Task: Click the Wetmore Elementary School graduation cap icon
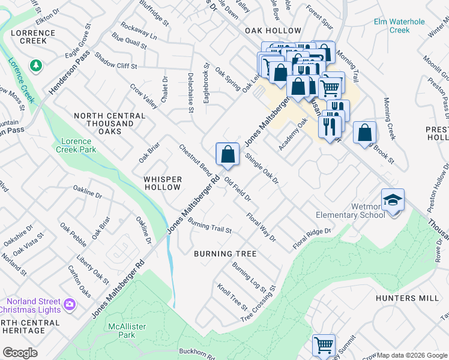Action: pyautogui.click(x=393, y=200)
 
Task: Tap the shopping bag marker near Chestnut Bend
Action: pyautogui.click(x=228, y=155)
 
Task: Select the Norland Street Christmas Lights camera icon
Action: pyautogui.click(x=70, y=305)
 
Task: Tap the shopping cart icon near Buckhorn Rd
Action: pyautogui.click(x=324, y=346)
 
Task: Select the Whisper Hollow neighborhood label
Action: pyautogui.click(x=162, y=183)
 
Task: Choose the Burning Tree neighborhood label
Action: pyautogui.click(x=225, y=254)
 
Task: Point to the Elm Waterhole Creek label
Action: pyautogui.click(x=399, y=26)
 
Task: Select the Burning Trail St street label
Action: pyautogui.click(x=209, y=226)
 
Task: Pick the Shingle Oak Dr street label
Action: pyautogui.click(x=262, y=169)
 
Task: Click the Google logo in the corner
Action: pyautogui.click(x=20, y=353)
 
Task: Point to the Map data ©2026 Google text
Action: pyautogui.click(x=412, y=355)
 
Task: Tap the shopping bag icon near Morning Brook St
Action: pyautogui.click(x=364, y=133)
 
